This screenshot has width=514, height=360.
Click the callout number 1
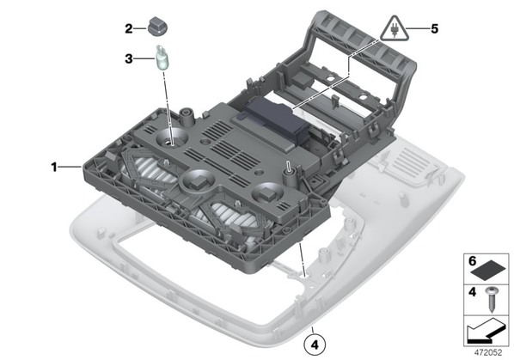54,168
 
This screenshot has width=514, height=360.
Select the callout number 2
129,29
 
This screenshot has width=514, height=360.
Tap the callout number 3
129,59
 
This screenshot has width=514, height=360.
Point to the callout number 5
434,29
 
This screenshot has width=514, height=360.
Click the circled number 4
315,345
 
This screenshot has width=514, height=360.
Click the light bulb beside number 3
161,58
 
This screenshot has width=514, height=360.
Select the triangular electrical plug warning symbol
395,29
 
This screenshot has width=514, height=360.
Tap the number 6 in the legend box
473,261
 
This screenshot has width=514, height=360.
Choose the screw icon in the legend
492,299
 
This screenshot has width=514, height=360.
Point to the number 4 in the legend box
472,291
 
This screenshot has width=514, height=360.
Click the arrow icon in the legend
486,330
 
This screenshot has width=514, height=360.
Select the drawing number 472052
488,352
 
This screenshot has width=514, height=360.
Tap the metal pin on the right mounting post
289,166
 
